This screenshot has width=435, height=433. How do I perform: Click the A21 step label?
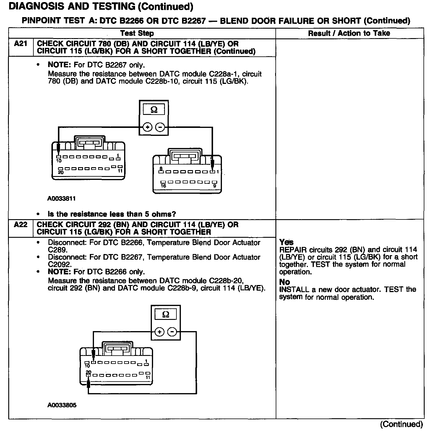pos(21,44)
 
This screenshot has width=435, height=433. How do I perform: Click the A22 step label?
pos(21,225)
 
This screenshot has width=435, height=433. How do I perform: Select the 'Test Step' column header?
pos(137,33)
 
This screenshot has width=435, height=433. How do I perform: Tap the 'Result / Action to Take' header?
pos(349,33)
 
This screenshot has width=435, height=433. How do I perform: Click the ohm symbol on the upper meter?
pos(154,110)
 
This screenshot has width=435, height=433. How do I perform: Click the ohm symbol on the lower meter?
pos(166,314)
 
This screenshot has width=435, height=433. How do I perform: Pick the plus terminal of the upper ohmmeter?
pos(147,127)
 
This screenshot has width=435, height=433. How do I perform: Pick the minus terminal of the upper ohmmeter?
pos(160,127)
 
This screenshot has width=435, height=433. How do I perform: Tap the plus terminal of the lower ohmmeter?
pos(159,332)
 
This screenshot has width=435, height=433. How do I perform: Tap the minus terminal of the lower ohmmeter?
pos(172,332)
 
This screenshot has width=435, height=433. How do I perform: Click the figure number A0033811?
pos(61,198)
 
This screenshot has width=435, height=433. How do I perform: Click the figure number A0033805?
pos(62,405)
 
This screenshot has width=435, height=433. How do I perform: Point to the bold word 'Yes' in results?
pos(286,242)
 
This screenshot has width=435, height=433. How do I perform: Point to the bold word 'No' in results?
pos(285,282)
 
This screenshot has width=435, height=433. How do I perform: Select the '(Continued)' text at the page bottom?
pos(401,424)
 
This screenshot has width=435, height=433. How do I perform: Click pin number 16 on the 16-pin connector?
pos(163,186)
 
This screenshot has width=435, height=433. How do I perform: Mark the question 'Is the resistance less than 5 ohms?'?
pos(112,214)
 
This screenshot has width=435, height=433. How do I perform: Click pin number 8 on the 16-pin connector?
pos(161,168)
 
